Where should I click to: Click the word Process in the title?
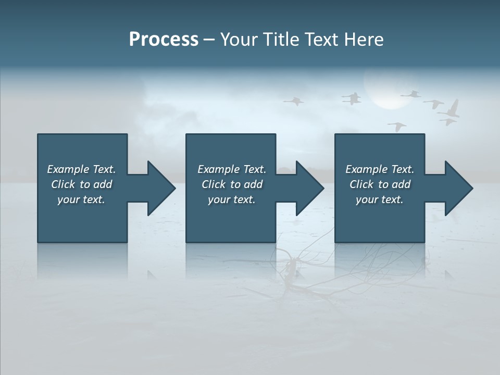pos(164,40)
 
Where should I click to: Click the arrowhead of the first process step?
pos(161,188)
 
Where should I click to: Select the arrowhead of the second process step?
pos(310,188)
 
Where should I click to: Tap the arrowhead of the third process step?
pos(459,188)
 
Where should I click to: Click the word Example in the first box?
pos(68,169)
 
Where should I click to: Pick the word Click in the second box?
pos(214,184)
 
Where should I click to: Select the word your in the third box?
pos(367,199)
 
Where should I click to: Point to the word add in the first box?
pos(103,184)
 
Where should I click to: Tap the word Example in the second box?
pos(219,169)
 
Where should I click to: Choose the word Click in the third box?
pos(361,184)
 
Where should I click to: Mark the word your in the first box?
pos(68,199)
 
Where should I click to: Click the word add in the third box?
pos(401,184)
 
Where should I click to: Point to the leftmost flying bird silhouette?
pos(294,101)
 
